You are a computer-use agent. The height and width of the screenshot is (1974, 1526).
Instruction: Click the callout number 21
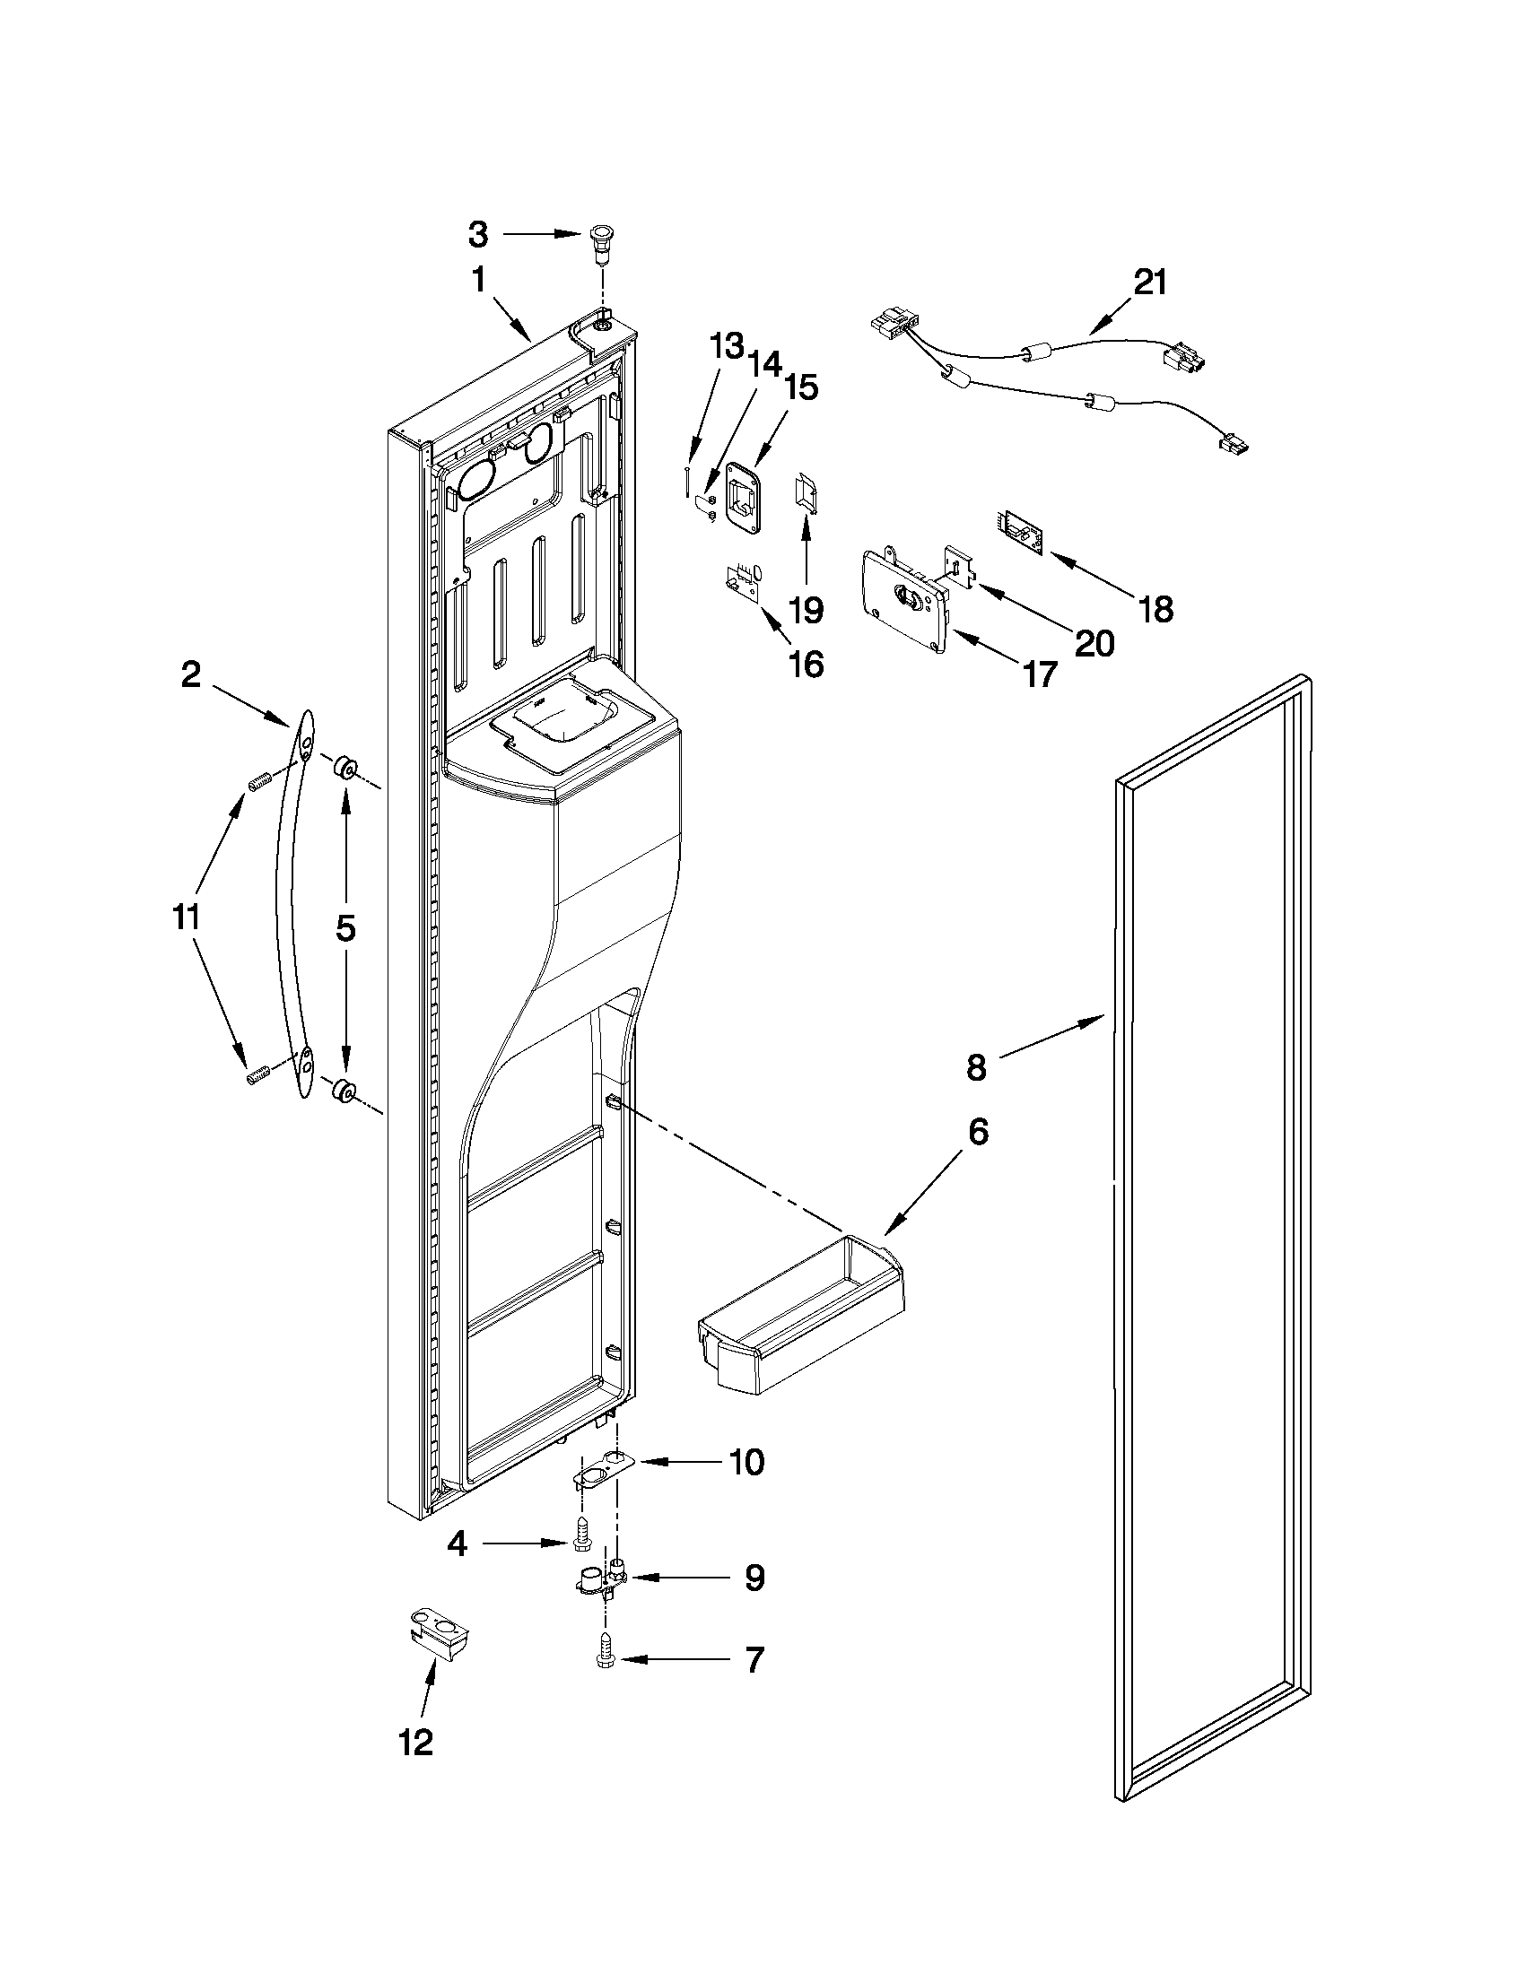[1150, 283]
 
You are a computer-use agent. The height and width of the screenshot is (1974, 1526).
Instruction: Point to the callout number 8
[976, 1067]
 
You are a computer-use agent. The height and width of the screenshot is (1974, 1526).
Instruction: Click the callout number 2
[190, 674]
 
